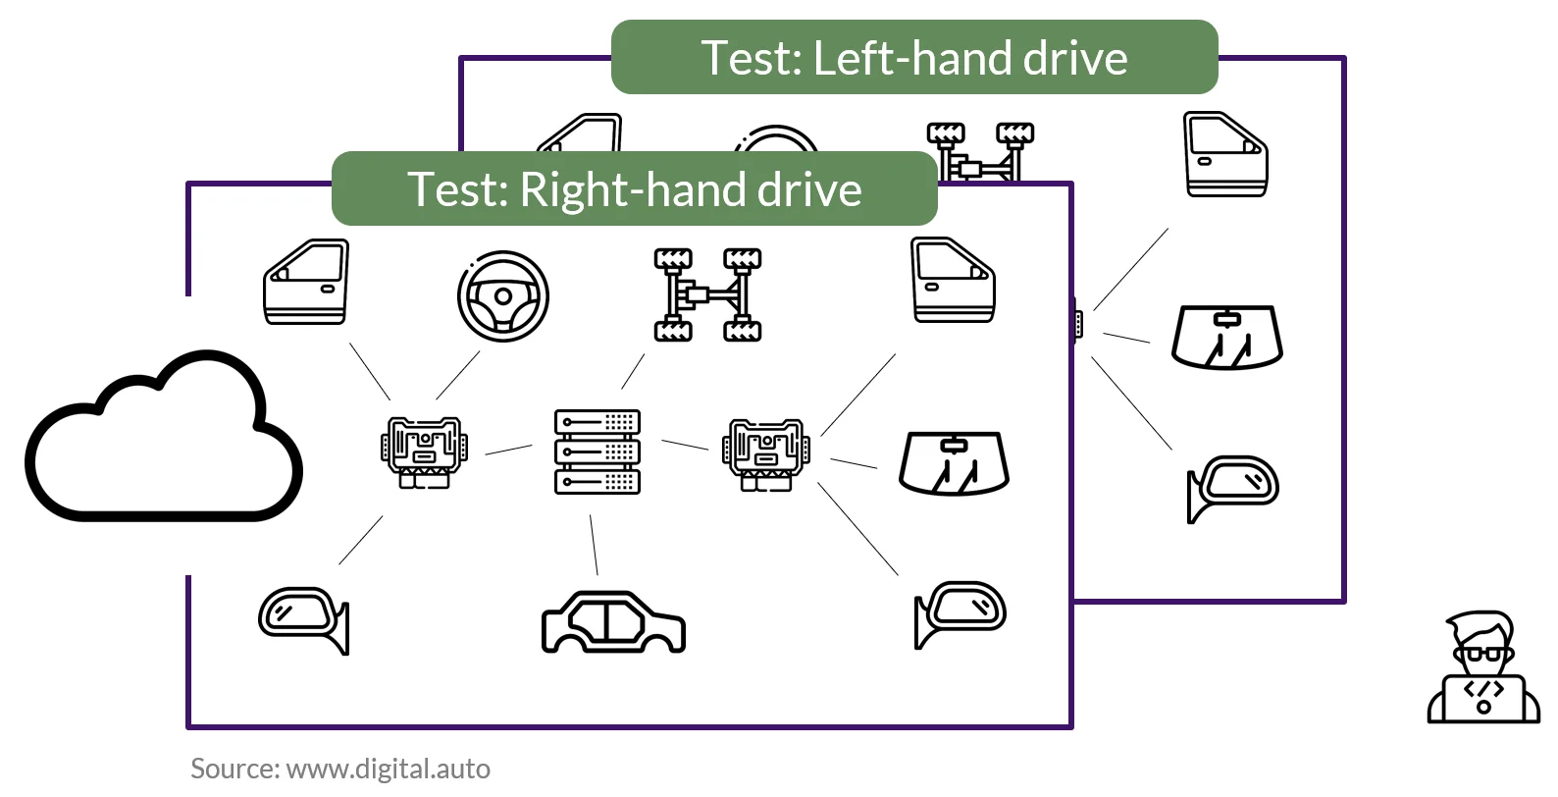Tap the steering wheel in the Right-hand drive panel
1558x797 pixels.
click(x=503, y=295)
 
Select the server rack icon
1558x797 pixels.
click(x=597, y=452)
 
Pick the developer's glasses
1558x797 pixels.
click(x=1482, y=655)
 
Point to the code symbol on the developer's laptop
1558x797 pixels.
click(x=1483, y=689)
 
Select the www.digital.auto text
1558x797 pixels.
click(x=389, y=770)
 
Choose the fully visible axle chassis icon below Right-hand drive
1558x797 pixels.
click(x=707, y=294)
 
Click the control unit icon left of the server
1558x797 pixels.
click(x=424, y=452)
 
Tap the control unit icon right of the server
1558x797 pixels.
click(x=766, y=454)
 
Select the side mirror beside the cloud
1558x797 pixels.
click(x=304, y=619)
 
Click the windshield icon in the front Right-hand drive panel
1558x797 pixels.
click(x=954, y=463)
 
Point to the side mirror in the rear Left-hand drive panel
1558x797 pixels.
click(x=1232, y=487)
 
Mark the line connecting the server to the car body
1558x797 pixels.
click(x=594, y=545)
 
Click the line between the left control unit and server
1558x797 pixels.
click(x=508, y=450)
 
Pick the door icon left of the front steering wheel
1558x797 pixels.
click(x=306, y=282)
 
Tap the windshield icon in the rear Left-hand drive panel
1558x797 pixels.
click(x=1227, y=337)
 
